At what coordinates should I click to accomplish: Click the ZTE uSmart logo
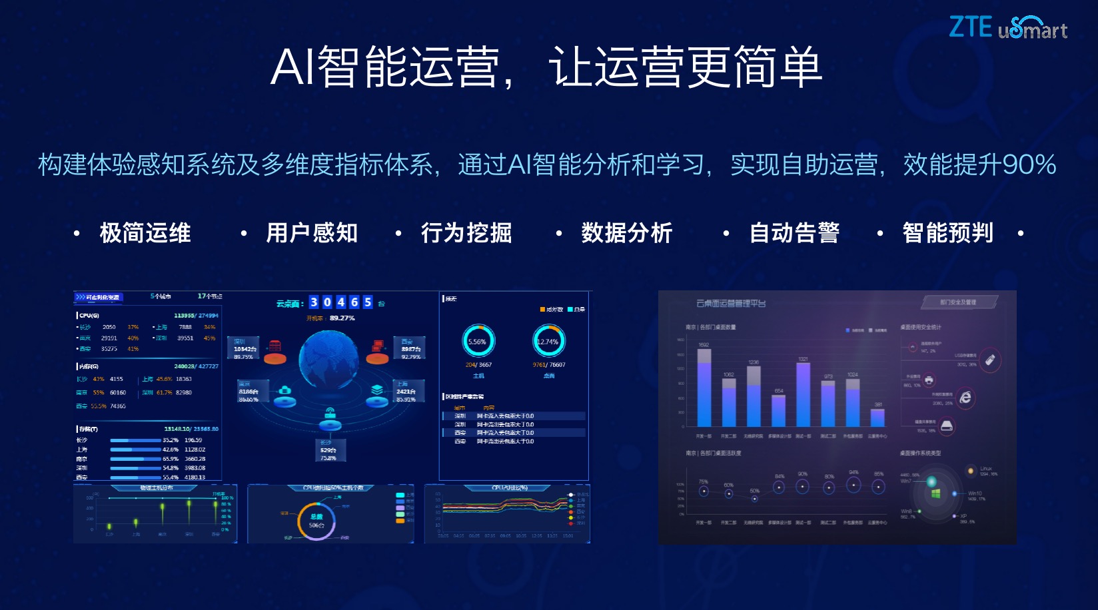[x=1007, y=27]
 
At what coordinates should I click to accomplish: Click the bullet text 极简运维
[x=145, y=233]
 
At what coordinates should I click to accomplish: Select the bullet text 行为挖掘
[x=466, y=233]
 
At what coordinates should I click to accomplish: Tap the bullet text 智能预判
[x=947, y=233]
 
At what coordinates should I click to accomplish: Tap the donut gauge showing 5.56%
[x=478, y=341]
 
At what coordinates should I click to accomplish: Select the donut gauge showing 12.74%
[x=548, y=341]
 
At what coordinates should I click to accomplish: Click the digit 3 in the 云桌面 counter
[x=314, y=302]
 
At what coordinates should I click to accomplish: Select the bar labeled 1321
[x=804, y=394]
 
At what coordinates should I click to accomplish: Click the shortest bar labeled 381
[x=878, y=418]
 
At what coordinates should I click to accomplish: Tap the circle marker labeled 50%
[x=754, y=498]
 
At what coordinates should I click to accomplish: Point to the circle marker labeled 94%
[x=853, y=485]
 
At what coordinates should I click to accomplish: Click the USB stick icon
[x=990, y=360]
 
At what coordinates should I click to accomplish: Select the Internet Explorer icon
[x=965, y=398]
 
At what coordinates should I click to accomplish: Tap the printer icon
[x=929, y=380]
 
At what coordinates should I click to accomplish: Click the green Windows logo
[x=935, y=493]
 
